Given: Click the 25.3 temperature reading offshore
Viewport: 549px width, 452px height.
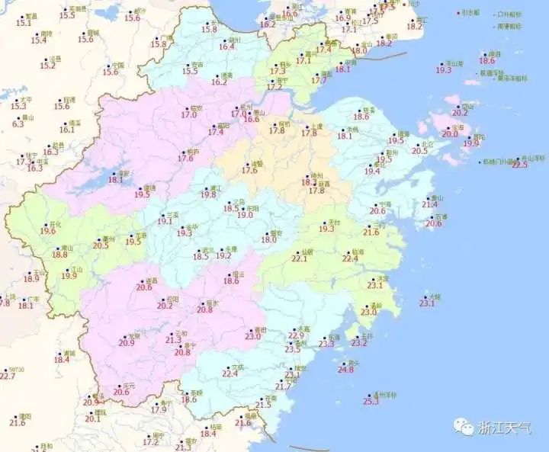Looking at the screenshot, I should [x=371, y=401].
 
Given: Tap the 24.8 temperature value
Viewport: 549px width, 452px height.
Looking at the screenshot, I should [x=346, y=370].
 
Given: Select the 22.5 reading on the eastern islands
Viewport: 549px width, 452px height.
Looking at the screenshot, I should [x=519, y=165].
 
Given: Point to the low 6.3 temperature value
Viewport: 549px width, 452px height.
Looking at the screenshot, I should [x=18, y=123].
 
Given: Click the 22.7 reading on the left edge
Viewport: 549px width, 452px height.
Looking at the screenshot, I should [x=8, y=376].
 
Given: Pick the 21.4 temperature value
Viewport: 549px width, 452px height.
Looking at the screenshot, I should [x=430, y=204].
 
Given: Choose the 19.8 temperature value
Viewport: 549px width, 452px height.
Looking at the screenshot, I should [x=208, y=194].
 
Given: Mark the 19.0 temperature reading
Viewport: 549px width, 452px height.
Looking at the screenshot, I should [x=245, y=215].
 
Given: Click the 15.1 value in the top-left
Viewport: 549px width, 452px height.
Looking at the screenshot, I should [x=24, y=23].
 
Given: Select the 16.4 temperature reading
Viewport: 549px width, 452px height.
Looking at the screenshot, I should [x=227, y=46].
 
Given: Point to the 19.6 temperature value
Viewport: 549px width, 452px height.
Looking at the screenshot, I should [x=48, y=230].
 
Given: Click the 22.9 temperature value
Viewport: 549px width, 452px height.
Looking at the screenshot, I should [x=297, y=335].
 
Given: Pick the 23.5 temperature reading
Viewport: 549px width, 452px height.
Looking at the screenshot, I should [x=293, y=349].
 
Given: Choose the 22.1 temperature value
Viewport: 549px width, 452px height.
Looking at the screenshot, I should [x=300, y=258].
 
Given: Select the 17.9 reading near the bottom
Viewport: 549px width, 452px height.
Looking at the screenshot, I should [x=159, y=409].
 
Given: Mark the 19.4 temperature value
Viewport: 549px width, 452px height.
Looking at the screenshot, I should [x=371, y=172].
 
